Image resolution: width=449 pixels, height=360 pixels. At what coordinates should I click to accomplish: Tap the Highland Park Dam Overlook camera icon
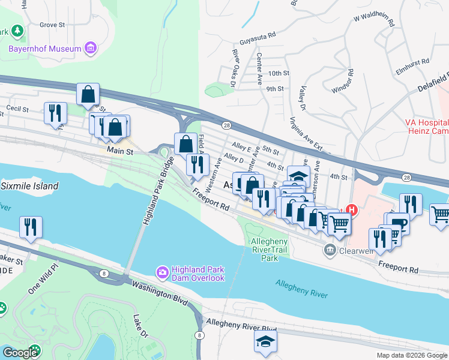coord(162,273)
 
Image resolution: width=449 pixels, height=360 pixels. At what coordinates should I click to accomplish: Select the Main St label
coord(120,152)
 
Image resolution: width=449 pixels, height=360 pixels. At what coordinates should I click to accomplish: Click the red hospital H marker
coord(352,211)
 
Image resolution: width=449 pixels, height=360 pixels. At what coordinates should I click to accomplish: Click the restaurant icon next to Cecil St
coord(55,112)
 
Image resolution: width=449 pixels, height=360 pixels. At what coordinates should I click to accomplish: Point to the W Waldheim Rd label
coord(373,21)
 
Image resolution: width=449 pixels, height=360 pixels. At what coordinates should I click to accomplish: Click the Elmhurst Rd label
coord(413,61)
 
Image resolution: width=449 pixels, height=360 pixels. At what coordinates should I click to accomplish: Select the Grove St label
coord(52,25)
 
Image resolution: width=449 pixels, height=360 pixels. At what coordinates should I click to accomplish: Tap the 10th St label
coord(279,73)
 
